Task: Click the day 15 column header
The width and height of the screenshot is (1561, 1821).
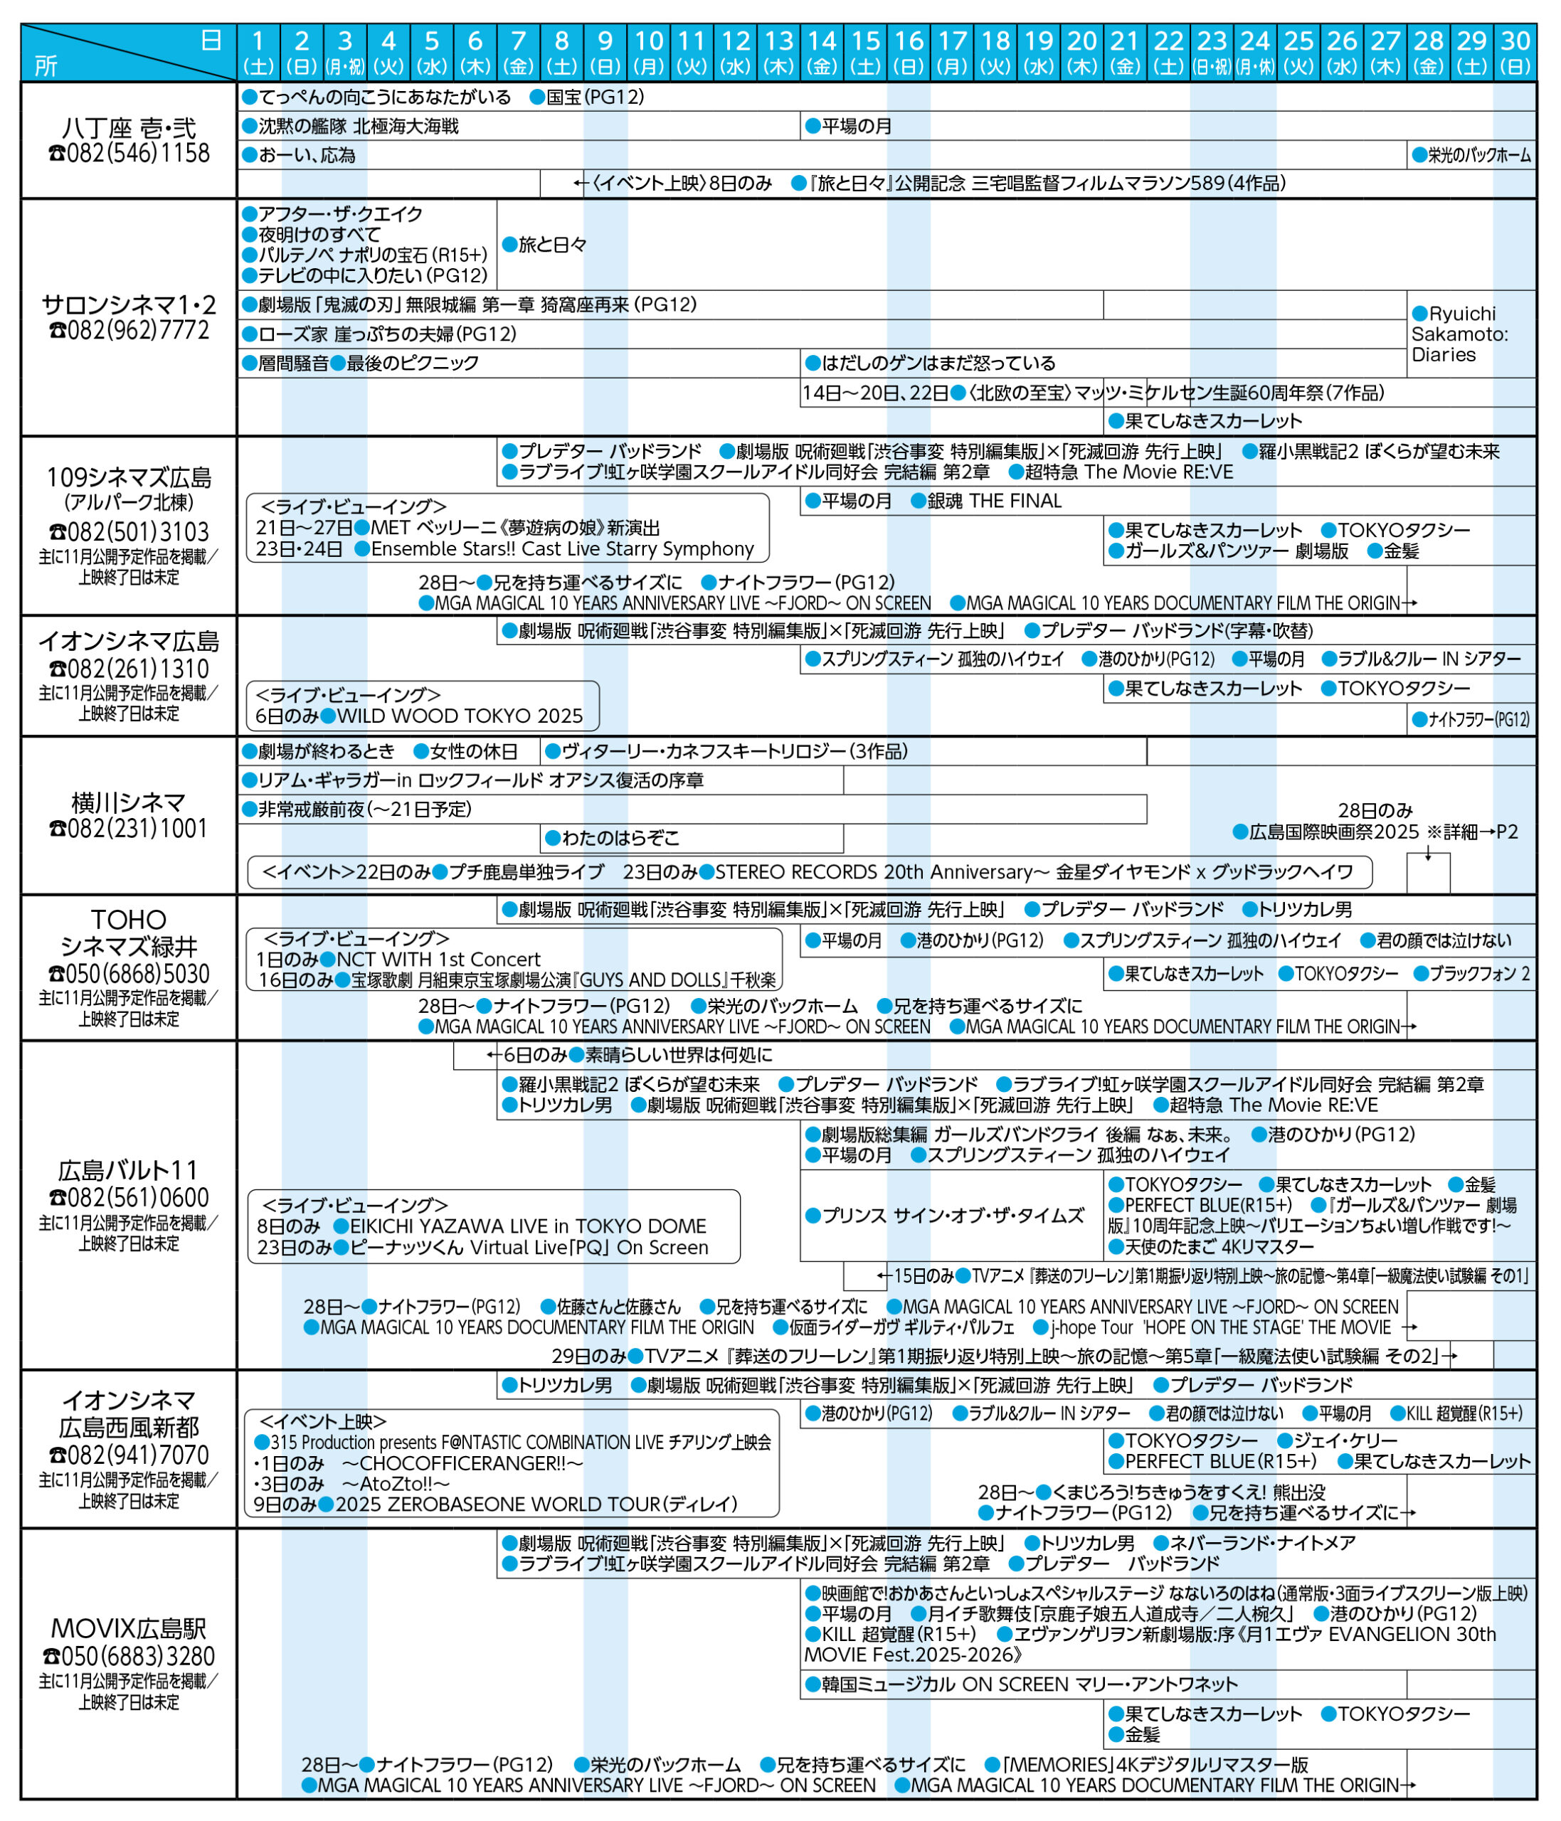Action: [x=865, y=52]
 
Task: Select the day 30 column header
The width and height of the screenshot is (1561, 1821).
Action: [x=1515, y=52]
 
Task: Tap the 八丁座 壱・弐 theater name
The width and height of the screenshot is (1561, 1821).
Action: [x=129, y=128]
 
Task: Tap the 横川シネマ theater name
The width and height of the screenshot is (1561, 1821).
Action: [x=129, y=802]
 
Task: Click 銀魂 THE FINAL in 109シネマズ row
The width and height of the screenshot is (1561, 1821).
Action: [x=993, y=501]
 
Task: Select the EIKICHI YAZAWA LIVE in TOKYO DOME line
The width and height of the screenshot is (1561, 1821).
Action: [x=527, y=1226]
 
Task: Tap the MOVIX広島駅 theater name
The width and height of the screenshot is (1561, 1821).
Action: [x=129, y=1628]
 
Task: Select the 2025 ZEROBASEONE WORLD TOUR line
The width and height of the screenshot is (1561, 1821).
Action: [x=536, y=1504]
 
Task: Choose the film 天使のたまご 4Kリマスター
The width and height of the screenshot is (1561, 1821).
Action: [x=1218, y=1247]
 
